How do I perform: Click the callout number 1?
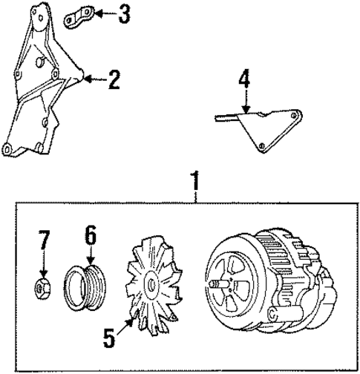coord(195,180)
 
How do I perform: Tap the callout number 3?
coord(123,13)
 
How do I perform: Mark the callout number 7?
coord(45,240)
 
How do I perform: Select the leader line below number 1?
coord(195,195)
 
